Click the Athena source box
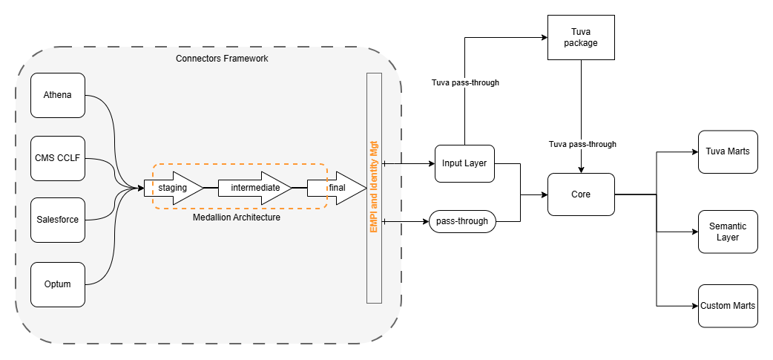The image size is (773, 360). click(x=58, y=95)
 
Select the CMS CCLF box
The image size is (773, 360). click(x=58, y=157)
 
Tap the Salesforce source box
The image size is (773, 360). click(x=58, y=220)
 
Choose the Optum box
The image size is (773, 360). click(x=58, y=284)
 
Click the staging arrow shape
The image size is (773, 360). click(x=173, y=188)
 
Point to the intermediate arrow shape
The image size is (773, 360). click(x=254, y=188)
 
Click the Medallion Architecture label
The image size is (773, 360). click(x=237, y=218)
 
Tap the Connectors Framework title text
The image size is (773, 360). click(x=222, y=58)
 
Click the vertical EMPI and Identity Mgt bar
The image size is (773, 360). click(x=374, y=189)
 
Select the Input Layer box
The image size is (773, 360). click(x=464, y=163)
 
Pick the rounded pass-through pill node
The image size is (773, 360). click(x=461, y=221)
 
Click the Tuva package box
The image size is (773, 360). click(x=580, y=37)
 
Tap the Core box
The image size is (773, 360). click(x=581, y=194)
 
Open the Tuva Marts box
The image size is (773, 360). click(x=728, y=151)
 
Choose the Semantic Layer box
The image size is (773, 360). click(x=728, y=232)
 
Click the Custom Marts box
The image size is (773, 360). click(x=728, y=306)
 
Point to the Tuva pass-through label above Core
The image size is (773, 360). click(x=582, y=144)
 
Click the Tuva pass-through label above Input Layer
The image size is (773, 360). click(x=465, y=82)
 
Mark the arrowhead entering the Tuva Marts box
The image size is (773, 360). click(x=694, y=151)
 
